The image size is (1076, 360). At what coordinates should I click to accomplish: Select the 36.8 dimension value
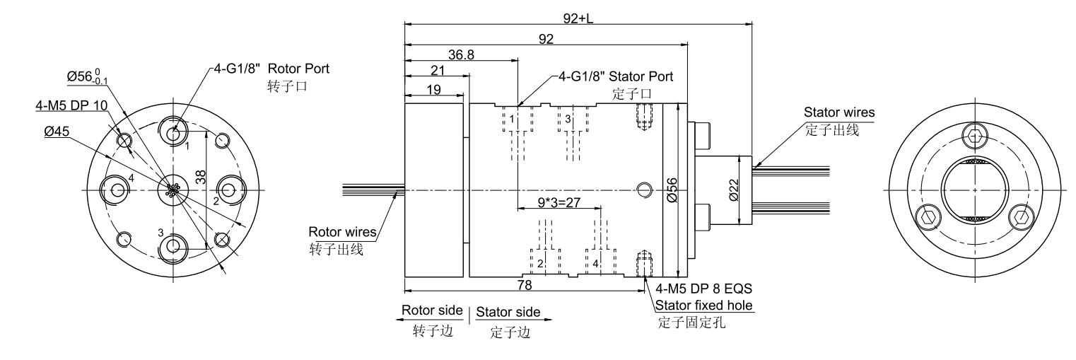(x=461, y=54)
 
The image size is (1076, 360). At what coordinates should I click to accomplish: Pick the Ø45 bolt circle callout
(x=53, y=131)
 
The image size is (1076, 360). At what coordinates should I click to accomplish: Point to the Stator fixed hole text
(x=704, y=306)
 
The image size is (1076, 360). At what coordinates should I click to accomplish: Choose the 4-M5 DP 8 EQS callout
(x=704, y=289)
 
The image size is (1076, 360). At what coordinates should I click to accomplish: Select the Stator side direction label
(x=508, y=312)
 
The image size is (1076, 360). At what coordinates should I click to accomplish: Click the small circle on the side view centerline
(x=643, y=189)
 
